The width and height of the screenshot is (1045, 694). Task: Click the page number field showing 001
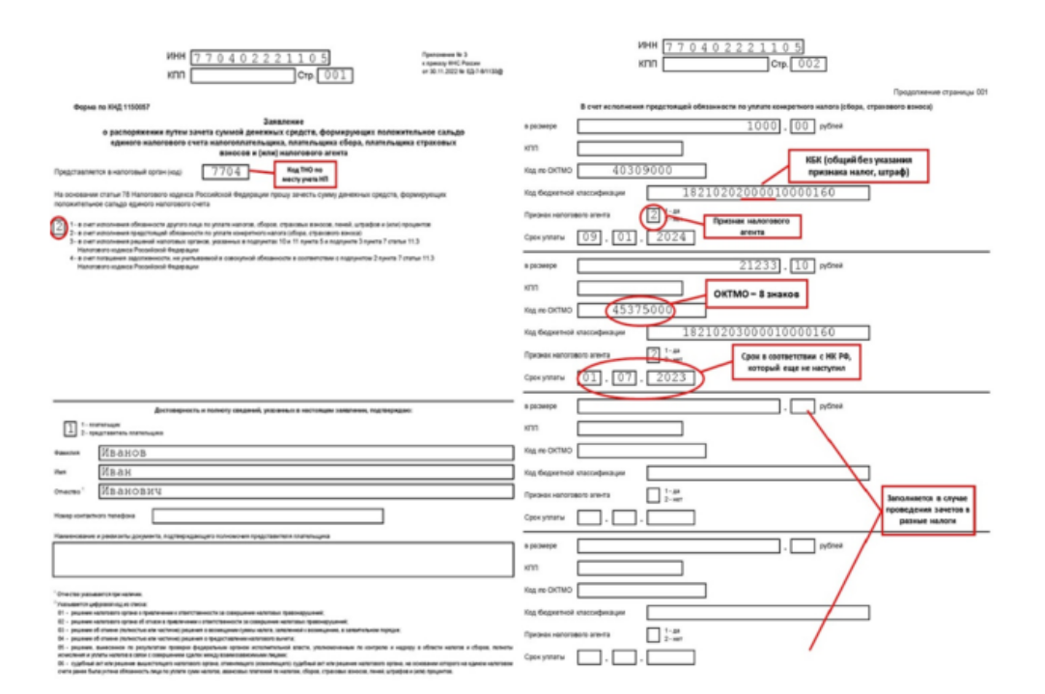point(335,76)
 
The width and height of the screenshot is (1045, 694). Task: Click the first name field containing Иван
point(303,471)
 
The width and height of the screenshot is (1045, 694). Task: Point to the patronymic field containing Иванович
point(303,490)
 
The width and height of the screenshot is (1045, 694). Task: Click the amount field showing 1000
point(682,126)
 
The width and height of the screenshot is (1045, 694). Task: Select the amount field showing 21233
point(682,264)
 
